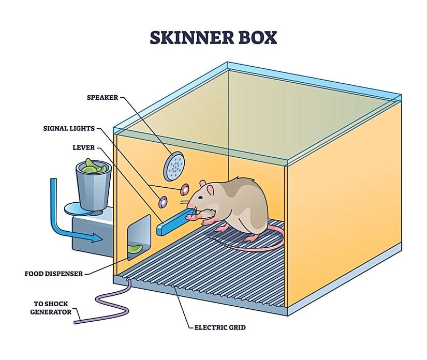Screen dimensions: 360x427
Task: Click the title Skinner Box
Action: tap(213, 38)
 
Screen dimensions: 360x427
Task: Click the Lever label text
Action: tap(83, 148)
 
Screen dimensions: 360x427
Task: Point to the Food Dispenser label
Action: tap(53, 273)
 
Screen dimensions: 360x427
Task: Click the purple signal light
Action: tap(162, 200)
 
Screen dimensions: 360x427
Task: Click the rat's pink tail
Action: tap(259, 247)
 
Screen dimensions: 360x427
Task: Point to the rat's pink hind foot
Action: tap(252, 238)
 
